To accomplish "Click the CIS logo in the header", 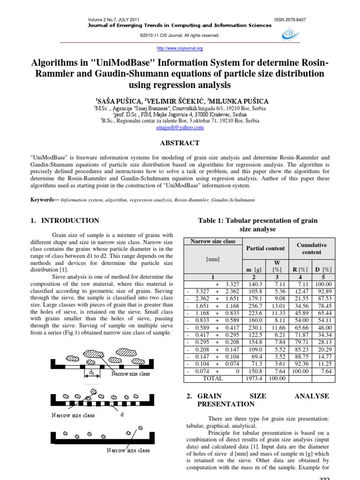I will point(291,34).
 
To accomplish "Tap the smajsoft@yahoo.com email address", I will point(180,127).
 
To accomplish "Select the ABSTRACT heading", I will point(180,143).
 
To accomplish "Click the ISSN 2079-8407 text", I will point(289,19).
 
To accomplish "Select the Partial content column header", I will point(265,248).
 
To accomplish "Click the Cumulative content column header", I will point(311,248).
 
